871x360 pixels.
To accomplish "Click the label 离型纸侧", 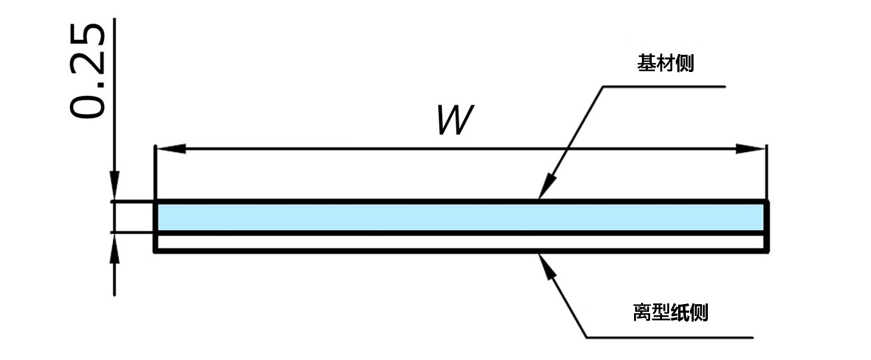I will (670, 312).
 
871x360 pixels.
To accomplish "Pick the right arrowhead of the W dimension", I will (750, 149).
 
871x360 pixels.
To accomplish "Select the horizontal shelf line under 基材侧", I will (664, 87).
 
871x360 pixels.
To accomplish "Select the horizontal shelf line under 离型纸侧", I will (667, 337).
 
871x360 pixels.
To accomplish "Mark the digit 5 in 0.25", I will (87, 37).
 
